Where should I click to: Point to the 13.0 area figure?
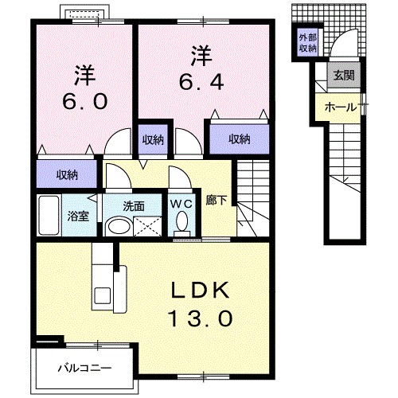pyautogui.click(x=202, y=318)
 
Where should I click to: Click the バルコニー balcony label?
pyautogui.click(x=84, y=368)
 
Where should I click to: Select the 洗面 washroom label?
pyautogui.click(x=133, y=205)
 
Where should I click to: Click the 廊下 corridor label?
pyautogui.click(x=215, y=201)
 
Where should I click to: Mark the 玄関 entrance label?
pyautogui.click(x=345, y=76)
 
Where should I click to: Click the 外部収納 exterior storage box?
pyautogui.click(x=308, y=42)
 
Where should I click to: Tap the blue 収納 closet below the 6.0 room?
pyautogui.click(x=68, y=174)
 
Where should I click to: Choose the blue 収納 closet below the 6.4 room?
pyautogui.click(x=240, y=139)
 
